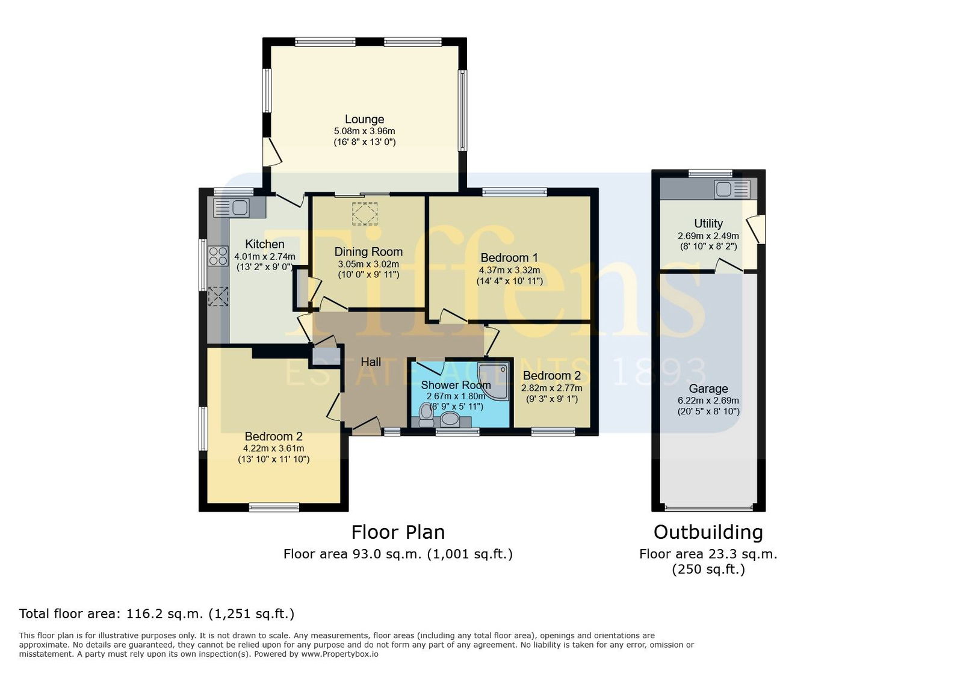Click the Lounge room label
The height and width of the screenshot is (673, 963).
point(364,119)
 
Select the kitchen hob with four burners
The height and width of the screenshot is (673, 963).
point(218,256)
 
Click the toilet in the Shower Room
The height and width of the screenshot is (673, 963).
point(426,414)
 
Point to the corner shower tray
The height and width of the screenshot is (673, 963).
point(495,381)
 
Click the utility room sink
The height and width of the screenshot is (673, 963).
point(732,189)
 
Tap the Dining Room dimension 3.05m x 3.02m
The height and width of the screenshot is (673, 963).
point(368,263)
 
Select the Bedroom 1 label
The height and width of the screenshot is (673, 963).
point(509,257)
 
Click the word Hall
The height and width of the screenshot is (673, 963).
point(371,362)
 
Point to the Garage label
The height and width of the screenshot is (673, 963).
point(708,389)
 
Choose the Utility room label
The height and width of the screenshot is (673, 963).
point(708,223)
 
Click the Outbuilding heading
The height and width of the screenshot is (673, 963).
point(708,532)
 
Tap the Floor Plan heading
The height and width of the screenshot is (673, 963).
point(398,532)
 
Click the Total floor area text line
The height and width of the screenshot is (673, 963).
point(156,613)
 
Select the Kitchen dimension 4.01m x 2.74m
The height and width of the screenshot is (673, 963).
point(265,256)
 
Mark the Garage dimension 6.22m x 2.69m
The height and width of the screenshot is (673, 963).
point(708,401)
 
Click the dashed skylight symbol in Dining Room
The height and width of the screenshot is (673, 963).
point(365,214)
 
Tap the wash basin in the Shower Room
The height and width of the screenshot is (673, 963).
point(450,419)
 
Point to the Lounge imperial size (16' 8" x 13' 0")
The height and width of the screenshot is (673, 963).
point(365,142)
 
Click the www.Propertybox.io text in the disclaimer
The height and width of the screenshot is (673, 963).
point(339,654)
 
